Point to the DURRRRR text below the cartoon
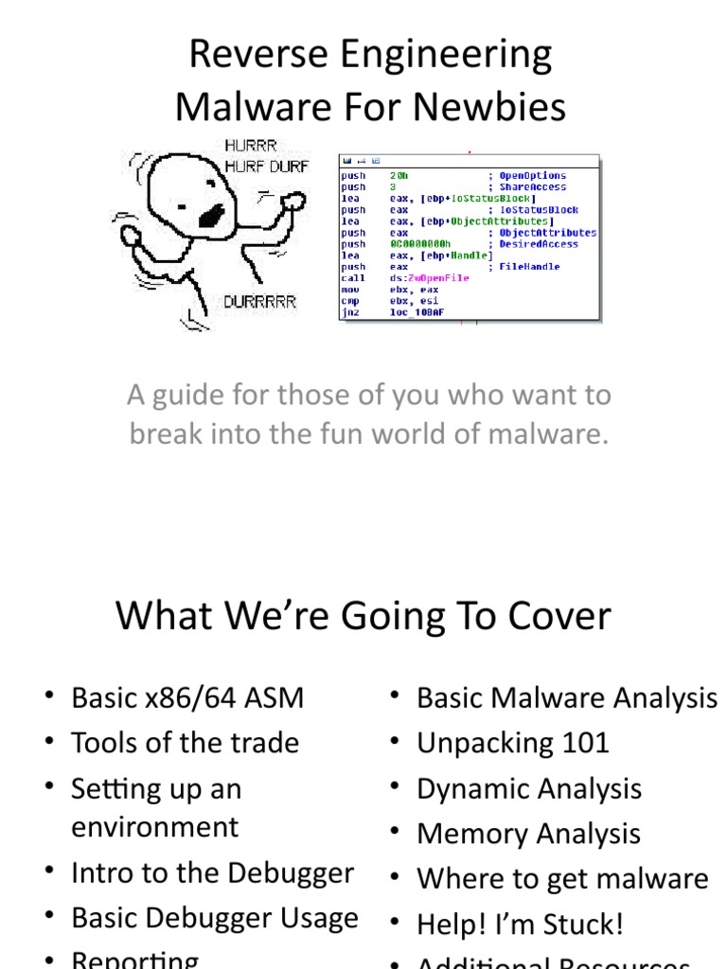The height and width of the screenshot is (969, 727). click(259, 302)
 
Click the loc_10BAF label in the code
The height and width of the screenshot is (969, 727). click(416, 311)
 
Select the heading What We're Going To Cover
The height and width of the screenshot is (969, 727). click(363, 616)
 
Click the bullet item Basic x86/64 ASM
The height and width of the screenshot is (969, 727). click(187, 698)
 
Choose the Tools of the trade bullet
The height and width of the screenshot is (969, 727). click(185, 743)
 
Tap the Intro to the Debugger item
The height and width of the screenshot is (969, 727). click(213, 872)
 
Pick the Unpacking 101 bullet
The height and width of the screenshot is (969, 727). click(513, 743)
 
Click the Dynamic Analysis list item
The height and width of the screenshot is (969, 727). click(529, 788)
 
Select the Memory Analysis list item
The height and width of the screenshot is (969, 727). click(528, 834)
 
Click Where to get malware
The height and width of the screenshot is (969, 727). click(562, 878)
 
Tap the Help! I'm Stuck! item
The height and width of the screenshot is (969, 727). click(520, 924)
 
